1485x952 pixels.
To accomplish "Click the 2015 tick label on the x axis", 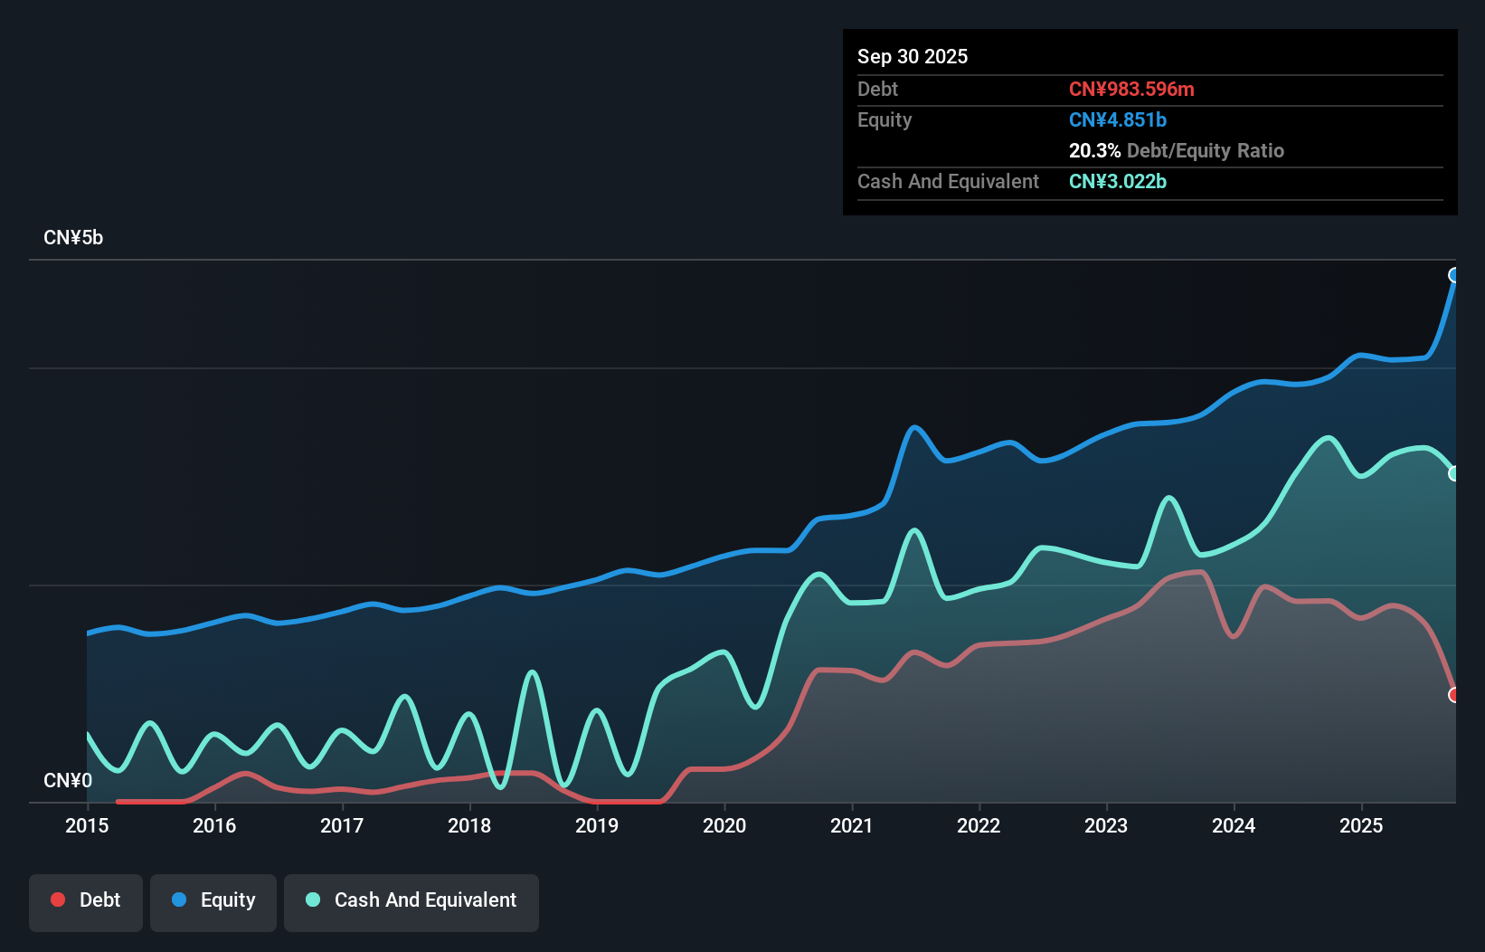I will (x=87, y=825).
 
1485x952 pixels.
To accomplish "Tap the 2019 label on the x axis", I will (x=597, y=825).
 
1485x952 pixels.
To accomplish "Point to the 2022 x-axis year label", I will (x=979, y=825).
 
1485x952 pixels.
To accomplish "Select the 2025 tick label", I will (x=1361, y=825).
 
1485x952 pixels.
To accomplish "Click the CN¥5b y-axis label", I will (x=73, y=238).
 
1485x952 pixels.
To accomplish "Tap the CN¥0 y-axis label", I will (x=68, y=780).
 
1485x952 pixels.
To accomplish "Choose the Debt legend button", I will (x=86, y=900).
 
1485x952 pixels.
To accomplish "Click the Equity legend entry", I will (x=213, y=900).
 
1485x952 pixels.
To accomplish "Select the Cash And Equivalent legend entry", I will (x=411, y=900).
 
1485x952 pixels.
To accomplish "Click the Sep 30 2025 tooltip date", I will (x=913, y=56).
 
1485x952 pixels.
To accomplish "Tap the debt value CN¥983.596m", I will (x=1131, y=89).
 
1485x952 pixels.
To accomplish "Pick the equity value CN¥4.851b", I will (x=1118, y=119).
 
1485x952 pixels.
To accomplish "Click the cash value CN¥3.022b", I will (x=1118, y=181).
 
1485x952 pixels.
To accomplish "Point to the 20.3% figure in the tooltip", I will (x=1094, y=150).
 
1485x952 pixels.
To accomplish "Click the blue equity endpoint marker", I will (x=1454, y=275).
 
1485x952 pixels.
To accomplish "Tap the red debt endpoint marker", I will (x=1454, y=695).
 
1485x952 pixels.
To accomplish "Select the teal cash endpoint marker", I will (x=1454, y=473).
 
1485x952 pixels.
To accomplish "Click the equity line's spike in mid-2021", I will (x=914, y=427).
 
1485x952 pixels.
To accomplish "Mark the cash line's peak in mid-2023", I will (x=1169, y=497).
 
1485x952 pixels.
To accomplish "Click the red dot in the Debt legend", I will (x=58, y=900).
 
